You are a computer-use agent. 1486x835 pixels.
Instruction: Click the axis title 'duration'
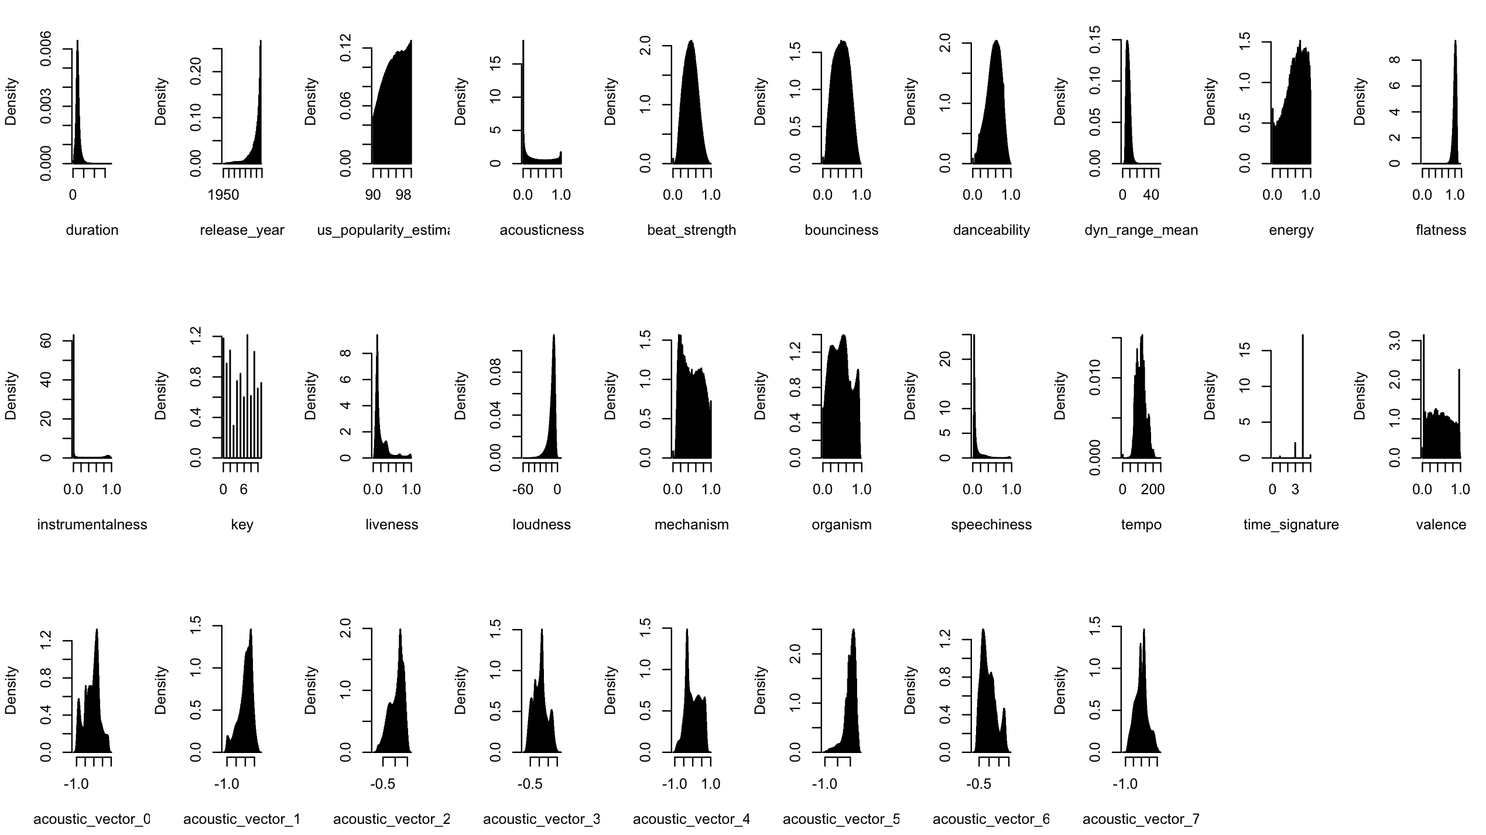click(92, 230)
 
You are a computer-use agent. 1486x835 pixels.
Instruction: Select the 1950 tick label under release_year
click(223, 195)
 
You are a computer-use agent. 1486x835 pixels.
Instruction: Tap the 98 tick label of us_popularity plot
click(403, 195)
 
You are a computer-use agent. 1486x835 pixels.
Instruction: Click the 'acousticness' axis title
click(542, 230)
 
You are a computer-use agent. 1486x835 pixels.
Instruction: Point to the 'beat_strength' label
click(691, 230)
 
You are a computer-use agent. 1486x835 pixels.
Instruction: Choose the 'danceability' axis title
click(991, 230)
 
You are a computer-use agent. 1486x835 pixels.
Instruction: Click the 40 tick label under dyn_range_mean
click(1151, 195)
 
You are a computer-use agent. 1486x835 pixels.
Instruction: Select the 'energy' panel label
click(1291, 230)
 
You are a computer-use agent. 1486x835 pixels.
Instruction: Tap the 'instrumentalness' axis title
click(92, 525)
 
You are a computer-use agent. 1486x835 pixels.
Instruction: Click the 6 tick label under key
click(244, 490)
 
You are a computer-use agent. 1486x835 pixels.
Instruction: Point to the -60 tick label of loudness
click(523, 490)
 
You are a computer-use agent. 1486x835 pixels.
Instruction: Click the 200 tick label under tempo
click(1153, 490)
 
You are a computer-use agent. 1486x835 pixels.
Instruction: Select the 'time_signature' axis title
click(1291, 525)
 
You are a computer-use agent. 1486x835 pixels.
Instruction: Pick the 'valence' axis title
click(1441, 525)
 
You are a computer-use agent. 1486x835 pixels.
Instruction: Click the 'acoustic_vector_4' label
click(691, 819)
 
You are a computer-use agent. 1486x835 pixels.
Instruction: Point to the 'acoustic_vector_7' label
click(1141, 819)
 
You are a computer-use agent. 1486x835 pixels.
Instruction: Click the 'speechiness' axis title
click(991, 525)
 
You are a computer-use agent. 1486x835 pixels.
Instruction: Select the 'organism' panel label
click(841, 525)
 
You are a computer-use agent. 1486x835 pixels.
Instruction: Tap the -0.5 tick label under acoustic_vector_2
click(383, 784)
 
